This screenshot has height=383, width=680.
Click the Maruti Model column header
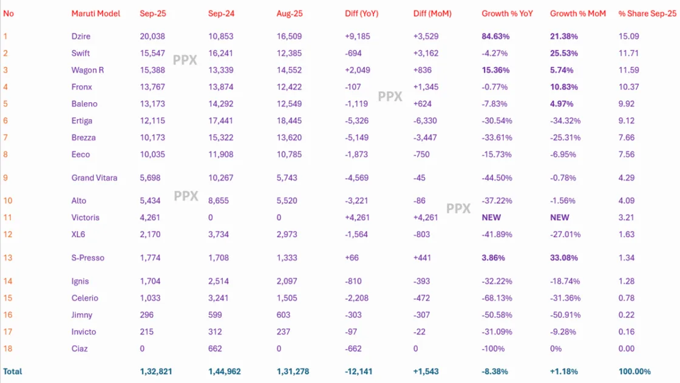(96, 13)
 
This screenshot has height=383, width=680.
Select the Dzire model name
(81, 36)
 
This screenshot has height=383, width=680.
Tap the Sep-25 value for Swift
(152, 53)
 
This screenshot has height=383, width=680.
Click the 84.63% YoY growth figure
(495, 36)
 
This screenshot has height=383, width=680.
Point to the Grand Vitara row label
(94, 178)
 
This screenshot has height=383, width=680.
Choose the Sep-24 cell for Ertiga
(220, 121)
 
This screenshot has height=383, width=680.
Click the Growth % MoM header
(577, 13)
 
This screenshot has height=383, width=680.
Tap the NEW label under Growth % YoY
(491, 218)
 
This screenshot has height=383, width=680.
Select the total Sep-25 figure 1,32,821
(157, 371)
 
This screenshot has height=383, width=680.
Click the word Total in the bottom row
(13, 371)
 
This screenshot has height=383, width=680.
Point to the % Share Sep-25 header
(647, 13)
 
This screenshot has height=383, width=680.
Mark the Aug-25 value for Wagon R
(288, 71)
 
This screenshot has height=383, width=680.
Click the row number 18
(8, 349)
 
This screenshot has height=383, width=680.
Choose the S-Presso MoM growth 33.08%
(564, 258)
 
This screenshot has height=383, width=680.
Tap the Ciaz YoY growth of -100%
(493, 349)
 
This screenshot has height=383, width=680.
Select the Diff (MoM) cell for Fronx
(424, 88)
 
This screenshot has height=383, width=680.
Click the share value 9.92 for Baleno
(628, 104)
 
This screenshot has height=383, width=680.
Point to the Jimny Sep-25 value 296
(146, 315)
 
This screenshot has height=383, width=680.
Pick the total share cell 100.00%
(634, 371)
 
